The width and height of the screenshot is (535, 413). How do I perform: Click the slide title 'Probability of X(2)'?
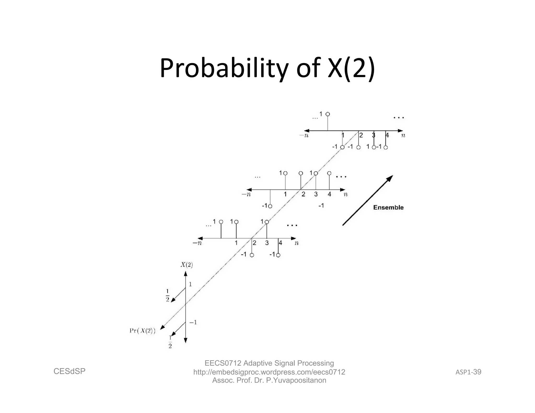[267, 68]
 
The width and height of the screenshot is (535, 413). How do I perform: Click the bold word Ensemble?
[388, 208]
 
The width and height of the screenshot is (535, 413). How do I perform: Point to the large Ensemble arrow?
[368, 200]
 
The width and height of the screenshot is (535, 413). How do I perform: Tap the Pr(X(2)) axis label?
[142, 331]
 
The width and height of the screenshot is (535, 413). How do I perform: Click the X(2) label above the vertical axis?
[187, 265]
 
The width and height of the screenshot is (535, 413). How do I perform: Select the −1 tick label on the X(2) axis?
[193, 322]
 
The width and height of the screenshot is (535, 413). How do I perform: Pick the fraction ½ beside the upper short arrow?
[167, 295]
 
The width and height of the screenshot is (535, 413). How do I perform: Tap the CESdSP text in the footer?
[69, 371]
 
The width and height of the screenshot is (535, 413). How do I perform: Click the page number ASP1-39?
[468, 372]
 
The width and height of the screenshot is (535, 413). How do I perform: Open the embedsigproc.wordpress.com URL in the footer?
[269, 372]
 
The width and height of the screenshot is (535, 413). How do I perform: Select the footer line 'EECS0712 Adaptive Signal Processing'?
[269, 363]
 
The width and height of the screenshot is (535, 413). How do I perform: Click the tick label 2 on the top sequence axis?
[361, 135]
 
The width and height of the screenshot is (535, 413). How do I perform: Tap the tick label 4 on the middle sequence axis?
[329, 194]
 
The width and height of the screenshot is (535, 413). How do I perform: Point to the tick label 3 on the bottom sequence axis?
[267, 243]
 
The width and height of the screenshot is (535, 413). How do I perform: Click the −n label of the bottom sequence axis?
[197, 243]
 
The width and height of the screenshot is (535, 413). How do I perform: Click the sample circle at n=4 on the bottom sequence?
[278, 255]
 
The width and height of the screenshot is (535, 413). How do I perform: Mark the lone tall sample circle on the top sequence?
[328, 114]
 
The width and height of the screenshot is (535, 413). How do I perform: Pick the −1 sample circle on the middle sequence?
[270, 206]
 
